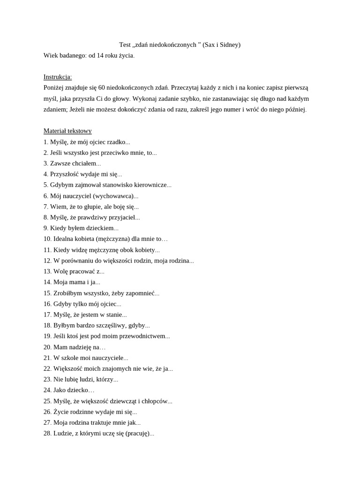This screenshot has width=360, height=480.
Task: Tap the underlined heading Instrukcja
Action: click(58, 77)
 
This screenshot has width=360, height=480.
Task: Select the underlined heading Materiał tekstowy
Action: click(67, 131)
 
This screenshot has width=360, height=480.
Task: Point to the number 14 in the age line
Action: click(100, 56)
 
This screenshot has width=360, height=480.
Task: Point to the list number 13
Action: click(47, 271)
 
